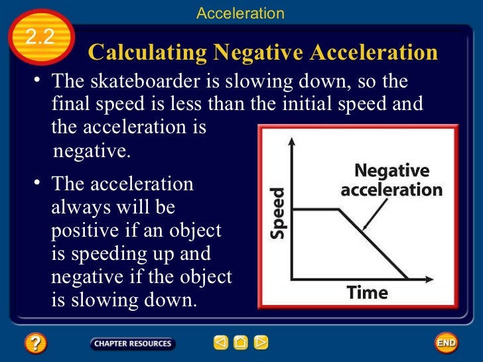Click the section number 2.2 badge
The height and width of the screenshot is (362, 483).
pos(40,36)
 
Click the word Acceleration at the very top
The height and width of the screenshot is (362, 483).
pos(240,13)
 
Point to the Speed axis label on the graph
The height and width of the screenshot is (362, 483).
pos(278,213)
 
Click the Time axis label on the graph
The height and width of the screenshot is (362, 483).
pos(368,292)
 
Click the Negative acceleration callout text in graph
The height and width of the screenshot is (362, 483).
pos(391,180)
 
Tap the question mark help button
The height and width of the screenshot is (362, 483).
pos(36,343)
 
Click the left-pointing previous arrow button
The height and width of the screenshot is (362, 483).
pos(220,343)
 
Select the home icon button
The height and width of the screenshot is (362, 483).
pos(241,343)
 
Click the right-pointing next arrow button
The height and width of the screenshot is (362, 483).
pos(261,343)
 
